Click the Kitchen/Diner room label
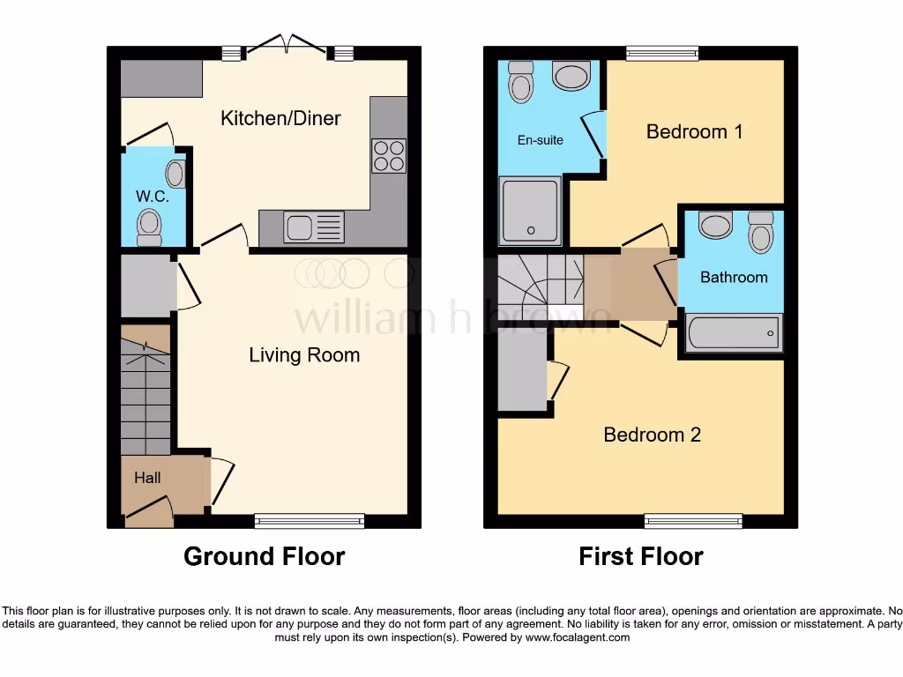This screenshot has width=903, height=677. (280, 118)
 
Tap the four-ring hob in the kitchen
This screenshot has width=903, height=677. (389, 156)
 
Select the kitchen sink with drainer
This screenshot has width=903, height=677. (314, 227)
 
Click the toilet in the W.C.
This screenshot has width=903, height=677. (150, 226)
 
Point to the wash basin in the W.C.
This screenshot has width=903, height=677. (176, 174)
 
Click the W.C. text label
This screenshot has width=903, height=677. (152, 196)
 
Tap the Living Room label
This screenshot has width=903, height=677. (304, 355)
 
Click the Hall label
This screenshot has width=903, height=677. (147, 478)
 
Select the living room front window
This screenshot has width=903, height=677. (310, 521)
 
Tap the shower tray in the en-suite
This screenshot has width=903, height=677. (530, 210)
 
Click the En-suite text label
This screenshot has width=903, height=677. (540, 139)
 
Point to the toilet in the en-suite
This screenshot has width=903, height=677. (521, 86)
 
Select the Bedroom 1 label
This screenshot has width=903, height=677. (694, 131)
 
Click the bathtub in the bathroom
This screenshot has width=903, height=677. (732, 333)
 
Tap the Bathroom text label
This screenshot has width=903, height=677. (734, 277)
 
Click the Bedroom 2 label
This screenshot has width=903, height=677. (652, 435)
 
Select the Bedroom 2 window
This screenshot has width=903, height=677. (693, 521)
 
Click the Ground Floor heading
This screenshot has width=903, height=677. (264, 556)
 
